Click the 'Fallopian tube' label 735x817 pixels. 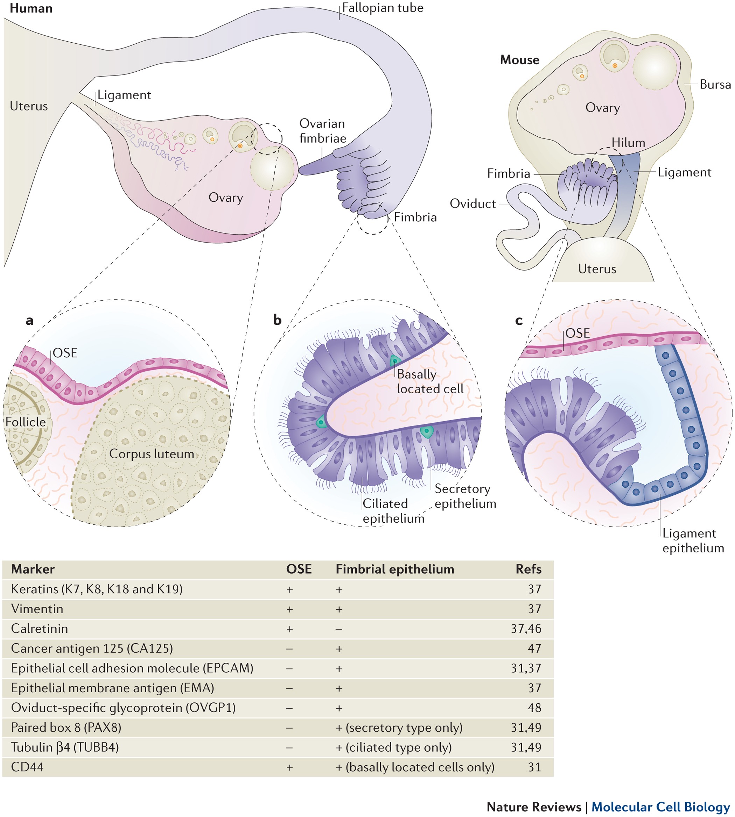point(383,8)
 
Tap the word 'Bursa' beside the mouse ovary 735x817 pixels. point(715,85)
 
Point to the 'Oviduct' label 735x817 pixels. point(472,204)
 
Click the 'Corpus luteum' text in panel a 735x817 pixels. point(152,454)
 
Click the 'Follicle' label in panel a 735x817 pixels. point(26,422)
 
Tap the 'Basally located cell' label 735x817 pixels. point(430,381)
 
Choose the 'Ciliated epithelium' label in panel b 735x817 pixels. point(393,511)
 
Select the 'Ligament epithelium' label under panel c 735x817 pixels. point(693,540)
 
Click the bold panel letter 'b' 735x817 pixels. point(277,320)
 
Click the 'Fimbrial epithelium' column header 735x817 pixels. point(394,569)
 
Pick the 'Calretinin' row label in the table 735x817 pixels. point(40,629)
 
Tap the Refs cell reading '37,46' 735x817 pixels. point(525,629)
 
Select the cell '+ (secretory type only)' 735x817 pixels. point(399,728)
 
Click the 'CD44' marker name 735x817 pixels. point(27,767)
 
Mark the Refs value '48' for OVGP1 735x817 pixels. point(534,708)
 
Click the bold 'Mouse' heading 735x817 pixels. point(519,60)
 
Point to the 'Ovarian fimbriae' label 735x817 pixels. point(323,131)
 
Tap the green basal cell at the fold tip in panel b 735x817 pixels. point(321,422)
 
